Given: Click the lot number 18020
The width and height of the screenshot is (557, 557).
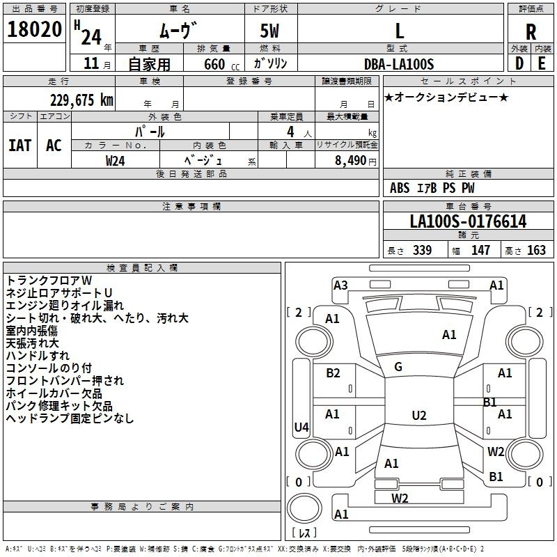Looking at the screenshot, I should (x=35, y=30).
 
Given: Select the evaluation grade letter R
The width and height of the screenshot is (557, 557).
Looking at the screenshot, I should (x=531, y=31).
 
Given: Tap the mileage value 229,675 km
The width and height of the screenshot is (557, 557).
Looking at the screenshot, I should (x=81, y=100).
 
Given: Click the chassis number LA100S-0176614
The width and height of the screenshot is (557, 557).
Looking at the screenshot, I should (x=468, y=222).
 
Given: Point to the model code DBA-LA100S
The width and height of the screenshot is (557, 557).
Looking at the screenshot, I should (x=399, y=63).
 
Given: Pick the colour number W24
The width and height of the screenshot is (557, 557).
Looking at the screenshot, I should (x=116, y=160).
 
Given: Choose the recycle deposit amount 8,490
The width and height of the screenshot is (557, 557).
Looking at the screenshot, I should (x=345, y=160).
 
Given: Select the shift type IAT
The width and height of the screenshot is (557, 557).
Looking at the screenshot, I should (x=19, y=145).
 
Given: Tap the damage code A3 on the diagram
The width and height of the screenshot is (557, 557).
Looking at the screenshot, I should (x=340, y=285).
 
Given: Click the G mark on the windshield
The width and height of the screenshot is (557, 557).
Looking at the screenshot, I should (x=398, y=367).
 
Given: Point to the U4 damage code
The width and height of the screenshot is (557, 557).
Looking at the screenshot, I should (x=301, y=427).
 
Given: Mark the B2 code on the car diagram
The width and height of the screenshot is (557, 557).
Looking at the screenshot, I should (x=334, y=373).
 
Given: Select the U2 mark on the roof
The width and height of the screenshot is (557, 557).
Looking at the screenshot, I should (x=419, y=416).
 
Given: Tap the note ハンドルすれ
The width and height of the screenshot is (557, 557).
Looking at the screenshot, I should (x=33, y=355).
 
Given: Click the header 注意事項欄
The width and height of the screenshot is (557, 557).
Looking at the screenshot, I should (x=191, y=207).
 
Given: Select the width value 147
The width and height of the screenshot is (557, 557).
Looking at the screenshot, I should (x=480, y=250).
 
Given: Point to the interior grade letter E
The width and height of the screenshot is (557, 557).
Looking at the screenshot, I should (x=541, y=63).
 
